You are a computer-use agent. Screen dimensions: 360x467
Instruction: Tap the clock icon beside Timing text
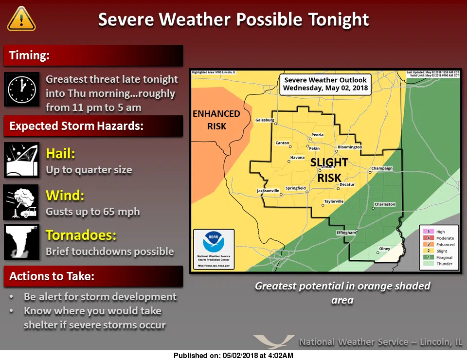21,90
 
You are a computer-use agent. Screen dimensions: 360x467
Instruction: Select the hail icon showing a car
21,160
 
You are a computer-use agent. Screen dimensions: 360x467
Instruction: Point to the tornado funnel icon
21,242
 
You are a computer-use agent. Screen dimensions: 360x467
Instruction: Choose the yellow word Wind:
65,196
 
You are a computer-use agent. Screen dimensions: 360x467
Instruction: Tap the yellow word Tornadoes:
81,235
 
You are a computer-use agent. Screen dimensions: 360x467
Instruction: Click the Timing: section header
30,55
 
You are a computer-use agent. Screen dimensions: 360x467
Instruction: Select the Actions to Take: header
52,276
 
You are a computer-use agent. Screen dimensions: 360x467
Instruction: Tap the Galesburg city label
265,120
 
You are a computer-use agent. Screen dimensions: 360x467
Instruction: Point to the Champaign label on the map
381,169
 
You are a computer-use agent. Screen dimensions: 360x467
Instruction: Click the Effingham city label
346,233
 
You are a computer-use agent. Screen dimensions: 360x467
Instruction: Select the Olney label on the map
384,249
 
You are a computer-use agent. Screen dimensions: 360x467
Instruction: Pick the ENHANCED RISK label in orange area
216,120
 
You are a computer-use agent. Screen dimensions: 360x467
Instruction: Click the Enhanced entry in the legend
445,245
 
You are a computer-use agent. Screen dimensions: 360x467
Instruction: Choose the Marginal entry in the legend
444,257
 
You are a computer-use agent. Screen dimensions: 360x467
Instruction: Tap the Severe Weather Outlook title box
325,84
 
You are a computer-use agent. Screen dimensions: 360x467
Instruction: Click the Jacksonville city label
269,191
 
